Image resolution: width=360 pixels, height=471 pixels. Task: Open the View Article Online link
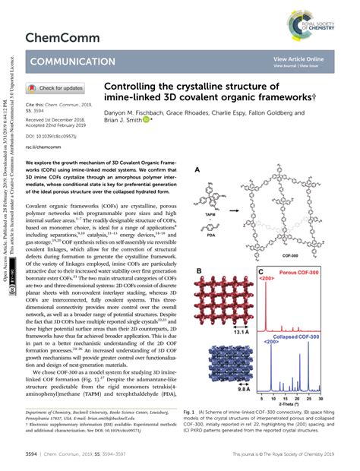[x=298, y=58]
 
